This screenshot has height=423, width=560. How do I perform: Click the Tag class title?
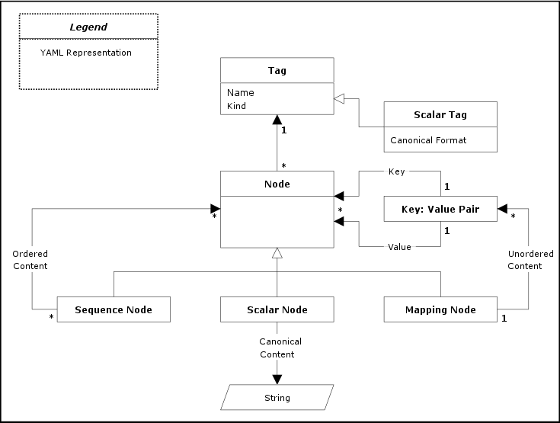click(x=277, y=71)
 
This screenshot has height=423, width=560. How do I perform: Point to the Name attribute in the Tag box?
click(x=241, y=93)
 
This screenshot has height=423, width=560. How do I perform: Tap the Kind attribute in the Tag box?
click(x=237, y=106)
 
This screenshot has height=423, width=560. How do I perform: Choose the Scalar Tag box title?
click(x=440, y=115)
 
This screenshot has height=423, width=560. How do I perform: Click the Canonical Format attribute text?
click(x=428, y=140)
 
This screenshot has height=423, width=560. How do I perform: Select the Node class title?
click(x=277, y=184)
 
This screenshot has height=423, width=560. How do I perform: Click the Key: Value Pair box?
click(x=440, y=209)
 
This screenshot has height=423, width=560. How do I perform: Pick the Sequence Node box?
click(x=114, y=309)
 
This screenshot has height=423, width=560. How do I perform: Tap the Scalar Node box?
click(x=277, y=309)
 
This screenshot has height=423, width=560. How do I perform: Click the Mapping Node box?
click(x=440, y=309)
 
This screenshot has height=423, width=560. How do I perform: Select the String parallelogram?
click(x=277, y=397)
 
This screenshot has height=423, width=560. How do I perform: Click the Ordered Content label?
click(x=30, y=260)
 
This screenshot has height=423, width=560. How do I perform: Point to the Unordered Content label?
click(x=525, y=260)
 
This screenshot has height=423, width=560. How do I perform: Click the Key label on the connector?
click(x=396, y=172)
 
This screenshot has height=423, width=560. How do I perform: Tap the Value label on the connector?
click(x=399, y=247)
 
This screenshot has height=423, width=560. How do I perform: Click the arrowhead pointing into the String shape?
click(x=277, y=379)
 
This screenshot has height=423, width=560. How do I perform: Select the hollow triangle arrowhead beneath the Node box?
click(x=277, y=253)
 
